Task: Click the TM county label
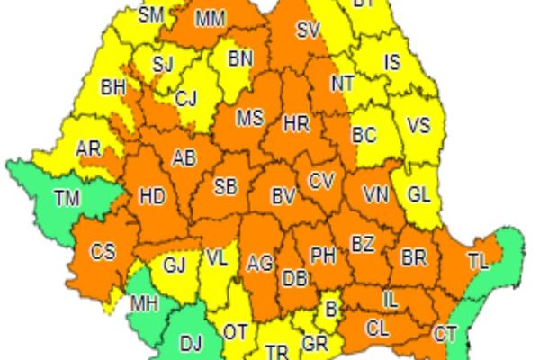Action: pos(65,195)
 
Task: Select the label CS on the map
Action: pos(103,252)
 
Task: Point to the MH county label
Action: pos(144,303)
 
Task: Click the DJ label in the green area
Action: pos(191,341)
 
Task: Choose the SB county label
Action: pos(225,187)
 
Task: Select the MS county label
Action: pos(250,118)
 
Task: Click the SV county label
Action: pos(309,31)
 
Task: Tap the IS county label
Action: pos(392,63)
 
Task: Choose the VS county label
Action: pos(419,126)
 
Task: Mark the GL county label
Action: pos(418,193)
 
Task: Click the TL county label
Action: pos(478,262)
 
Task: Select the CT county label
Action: pos(445,333)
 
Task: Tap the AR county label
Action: pos(88,148)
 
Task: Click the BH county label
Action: pos(113,87)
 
